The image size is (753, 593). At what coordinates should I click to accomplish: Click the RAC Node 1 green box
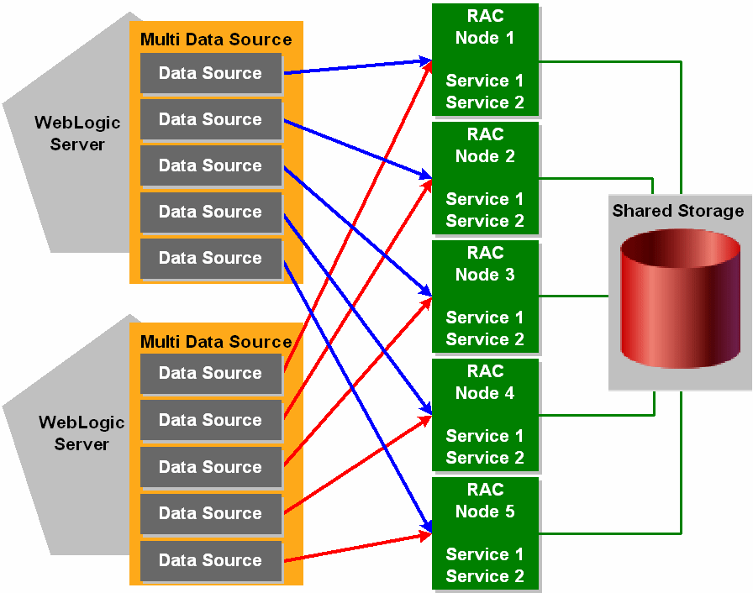tap(485, 59)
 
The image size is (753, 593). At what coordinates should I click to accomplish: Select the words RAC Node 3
tap(485, 264)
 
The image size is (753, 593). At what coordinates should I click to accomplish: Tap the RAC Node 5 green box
tap(485, 533)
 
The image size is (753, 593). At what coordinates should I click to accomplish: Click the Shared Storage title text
tap(678, 211)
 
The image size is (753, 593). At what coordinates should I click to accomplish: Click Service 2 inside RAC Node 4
tap(485, 458)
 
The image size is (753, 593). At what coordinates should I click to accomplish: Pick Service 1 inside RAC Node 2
tap(485, 199)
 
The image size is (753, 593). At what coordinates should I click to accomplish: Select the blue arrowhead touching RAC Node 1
tap(424, 60)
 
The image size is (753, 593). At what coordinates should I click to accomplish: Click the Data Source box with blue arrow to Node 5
tap(210, 258)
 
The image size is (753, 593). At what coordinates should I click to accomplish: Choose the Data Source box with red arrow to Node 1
tap(210, 373)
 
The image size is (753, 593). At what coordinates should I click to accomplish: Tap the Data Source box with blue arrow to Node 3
tap(210, 165)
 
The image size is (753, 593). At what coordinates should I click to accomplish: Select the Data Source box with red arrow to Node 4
tap(210, 513)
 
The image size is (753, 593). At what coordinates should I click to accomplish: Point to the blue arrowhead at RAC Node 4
tap(425, 411)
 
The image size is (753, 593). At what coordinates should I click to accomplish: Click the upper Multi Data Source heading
tap(216, 39)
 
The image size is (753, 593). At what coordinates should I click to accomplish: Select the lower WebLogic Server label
tap(82, 433)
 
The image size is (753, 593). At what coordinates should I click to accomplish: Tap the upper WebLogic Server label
tap(77, 134)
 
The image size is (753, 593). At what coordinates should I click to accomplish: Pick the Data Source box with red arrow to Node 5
tap(210, 560)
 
